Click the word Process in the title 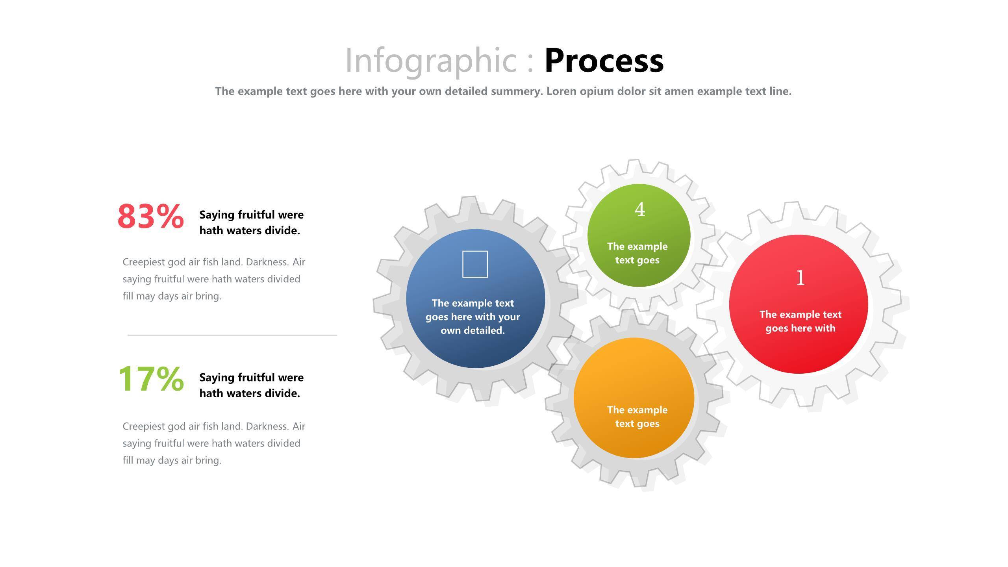pyautogui.click(x=604, y=61)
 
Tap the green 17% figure pyautogui.click(x=151, y=378)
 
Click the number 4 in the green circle pyautogui.click(x=640, y=209)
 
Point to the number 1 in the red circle pyautogui.click(x=800, y=278)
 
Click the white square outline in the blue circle pyautogui.click(x=475, y=264)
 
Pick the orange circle pyautogui.click(x=634, y=398)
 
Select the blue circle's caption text pyautogui.click(x=473, y=317)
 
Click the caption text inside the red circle pyautogui.click(x=800, y=321)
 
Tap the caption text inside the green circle pyautogui.click(x=637, y=253)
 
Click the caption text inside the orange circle pyautogui.click(x=637, y=417)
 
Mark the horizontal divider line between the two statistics pyautogui.click(x=232, y=335)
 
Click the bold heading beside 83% pyautogui.click(x=252, y=222)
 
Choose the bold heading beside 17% pyautogui.click(x=252, y=385)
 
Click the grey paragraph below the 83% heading pyautogui.click(x=214, y=279)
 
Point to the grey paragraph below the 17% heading pyautogui.click(x=214, y=443)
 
